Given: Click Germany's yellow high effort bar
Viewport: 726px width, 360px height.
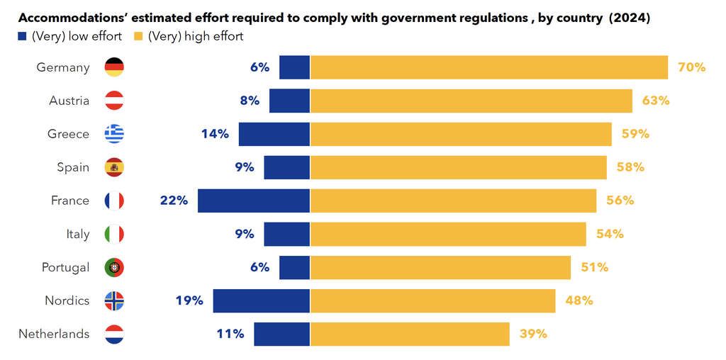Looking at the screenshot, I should (489, 67).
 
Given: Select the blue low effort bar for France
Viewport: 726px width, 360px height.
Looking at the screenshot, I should (254, 201).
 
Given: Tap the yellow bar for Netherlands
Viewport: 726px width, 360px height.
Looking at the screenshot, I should (410, 334).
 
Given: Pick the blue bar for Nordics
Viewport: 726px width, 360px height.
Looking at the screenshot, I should (261, 300).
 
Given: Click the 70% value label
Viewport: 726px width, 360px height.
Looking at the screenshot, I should (691, 67).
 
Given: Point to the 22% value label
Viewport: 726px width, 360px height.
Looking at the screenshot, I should (174, 201).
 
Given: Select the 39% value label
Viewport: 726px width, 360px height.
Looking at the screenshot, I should (533, 334).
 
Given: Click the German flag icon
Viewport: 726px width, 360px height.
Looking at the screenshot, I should (114, 67).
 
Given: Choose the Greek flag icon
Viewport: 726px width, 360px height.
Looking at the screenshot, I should (114, 134).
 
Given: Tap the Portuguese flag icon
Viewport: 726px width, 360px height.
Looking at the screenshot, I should (114, 267).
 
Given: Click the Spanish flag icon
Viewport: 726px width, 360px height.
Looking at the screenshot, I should (114, 167).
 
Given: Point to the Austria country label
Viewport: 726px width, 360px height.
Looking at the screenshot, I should (69, 101).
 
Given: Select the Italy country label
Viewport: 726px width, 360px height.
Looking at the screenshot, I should (78, 234).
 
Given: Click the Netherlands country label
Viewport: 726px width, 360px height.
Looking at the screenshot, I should (54, 334).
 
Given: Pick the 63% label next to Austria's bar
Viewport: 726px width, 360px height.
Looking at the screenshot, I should (656, 101).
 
